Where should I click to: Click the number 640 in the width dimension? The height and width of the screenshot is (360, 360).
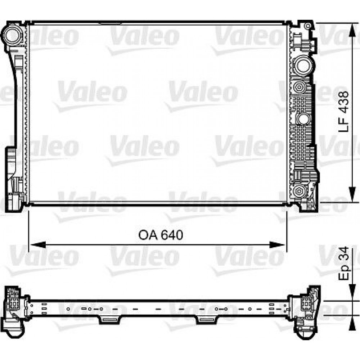[x=172, y=235]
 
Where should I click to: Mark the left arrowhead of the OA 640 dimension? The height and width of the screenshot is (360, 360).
[x=38, y=245]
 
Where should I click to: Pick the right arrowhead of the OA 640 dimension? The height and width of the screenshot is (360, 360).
[x=277, y=245]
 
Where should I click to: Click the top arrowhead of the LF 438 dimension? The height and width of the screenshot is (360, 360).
[x=352, y=30]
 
